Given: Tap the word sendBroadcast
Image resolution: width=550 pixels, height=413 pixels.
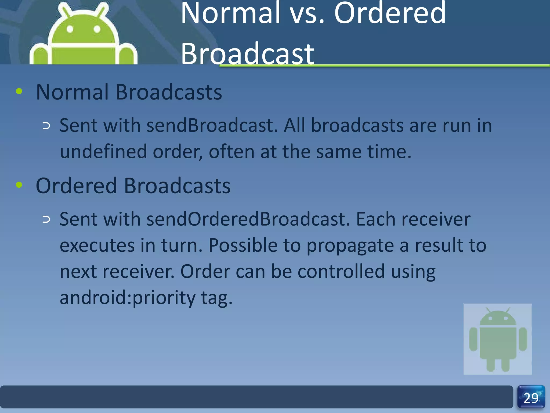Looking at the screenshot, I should click(x=212, y=126).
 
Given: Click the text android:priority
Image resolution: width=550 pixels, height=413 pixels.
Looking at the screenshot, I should click(x=128, y=298).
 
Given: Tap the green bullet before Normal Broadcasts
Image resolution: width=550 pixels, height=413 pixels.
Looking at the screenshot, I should click(x=19, y=91).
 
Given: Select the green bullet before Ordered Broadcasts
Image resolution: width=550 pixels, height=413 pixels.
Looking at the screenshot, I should click(x=19, y=185).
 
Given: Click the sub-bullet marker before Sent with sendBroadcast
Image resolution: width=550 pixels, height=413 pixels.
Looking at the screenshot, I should click(x=46, y=126).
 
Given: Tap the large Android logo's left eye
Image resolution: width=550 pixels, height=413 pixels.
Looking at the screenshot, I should click(x=70, y=29).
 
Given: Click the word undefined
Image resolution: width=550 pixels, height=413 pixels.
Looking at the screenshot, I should click(x=103, y=152).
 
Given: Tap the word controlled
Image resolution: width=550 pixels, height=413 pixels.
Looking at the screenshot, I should click(x=341, y=271).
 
